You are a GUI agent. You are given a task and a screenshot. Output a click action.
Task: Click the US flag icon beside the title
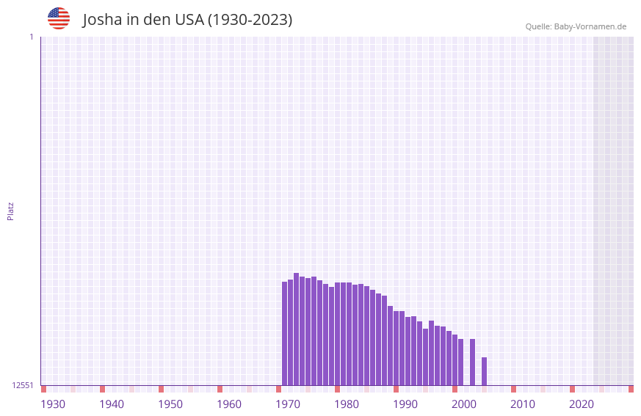coord(59,18)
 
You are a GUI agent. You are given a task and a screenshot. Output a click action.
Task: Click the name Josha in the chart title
coord(102,20)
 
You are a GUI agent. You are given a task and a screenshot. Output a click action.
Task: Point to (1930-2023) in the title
coord(250,20)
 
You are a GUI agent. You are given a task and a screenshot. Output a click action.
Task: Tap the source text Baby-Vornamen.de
coord(590,26)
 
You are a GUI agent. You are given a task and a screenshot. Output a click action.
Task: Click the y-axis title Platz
coord(10,211)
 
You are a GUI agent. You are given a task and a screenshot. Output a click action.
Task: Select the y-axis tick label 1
coord(31,37)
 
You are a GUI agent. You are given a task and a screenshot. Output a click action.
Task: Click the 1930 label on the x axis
coord(53,404)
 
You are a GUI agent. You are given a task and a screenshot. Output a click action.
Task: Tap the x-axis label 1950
coord(170,404)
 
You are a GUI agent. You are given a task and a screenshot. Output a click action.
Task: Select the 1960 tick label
coord(229,404)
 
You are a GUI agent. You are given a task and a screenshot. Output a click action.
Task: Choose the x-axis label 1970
coord(288,404)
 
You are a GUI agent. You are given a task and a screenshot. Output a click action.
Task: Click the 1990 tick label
coord(405,404)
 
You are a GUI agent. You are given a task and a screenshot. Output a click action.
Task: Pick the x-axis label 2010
coord(523,404)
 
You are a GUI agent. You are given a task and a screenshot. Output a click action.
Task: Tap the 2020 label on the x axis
coord(582,404)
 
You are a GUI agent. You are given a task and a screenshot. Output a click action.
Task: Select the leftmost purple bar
coord(285,334)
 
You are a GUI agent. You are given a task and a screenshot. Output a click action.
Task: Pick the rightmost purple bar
coord(485,371)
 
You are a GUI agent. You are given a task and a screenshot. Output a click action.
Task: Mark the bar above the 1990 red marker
coord(396,349)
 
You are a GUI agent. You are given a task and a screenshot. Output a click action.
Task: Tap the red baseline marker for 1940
coord(103,389)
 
